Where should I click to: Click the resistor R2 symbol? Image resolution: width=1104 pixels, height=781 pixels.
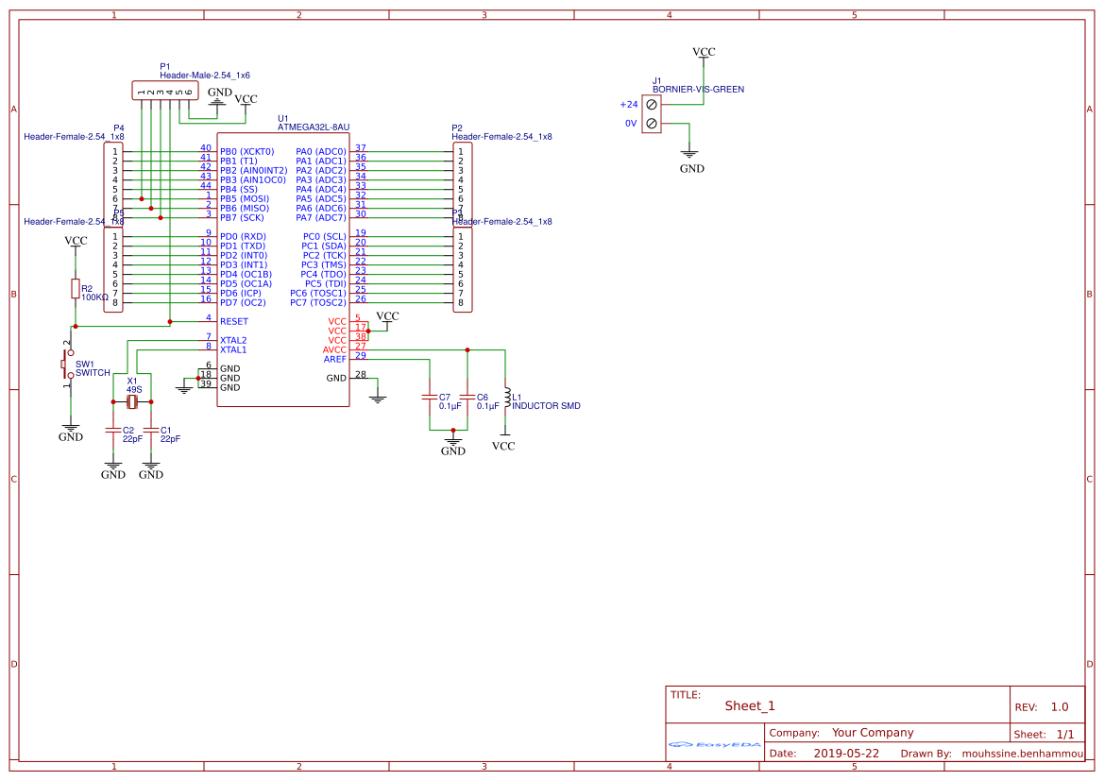(x=75, y=289)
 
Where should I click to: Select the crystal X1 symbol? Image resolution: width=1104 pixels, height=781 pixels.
(x=132, y=403)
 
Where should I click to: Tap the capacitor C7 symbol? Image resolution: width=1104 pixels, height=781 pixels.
(x=431, y=398)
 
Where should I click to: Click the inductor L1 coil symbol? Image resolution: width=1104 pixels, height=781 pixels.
(x=507, y=398)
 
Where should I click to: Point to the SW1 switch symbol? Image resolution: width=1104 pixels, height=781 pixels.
(x=66, y=363)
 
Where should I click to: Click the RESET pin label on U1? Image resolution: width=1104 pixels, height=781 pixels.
(x=233, y=321)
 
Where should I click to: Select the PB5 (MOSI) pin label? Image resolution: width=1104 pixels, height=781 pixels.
(x=244, y=198)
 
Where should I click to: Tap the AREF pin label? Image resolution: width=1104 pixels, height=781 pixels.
(x=334, y=359)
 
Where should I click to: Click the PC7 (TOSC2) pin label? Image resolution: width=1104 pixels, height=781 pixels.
(x=317, y=302)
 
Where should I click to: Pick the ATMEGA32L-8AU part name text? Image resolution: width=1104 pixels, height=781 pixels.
(x=314, y=127)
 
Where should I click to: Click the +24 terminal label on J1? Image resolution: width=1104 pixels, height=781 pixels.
(x=629, y=105)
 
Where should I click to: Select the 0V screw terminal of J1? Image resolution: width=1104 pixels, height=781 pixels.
(x=652, y=124)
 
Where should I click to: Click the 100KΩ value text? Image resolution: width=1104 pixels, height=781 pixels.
(x=94, y=297)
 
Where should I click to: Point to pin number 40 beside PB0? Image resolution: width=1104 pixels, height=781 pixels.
(x=205, y=148)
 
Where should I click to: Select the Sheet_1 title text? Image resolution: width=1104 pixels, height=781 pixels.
(x=750, y=705)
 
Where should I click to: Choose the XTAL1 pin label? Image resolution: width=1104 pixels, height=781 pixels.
(x=233, y=349)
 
